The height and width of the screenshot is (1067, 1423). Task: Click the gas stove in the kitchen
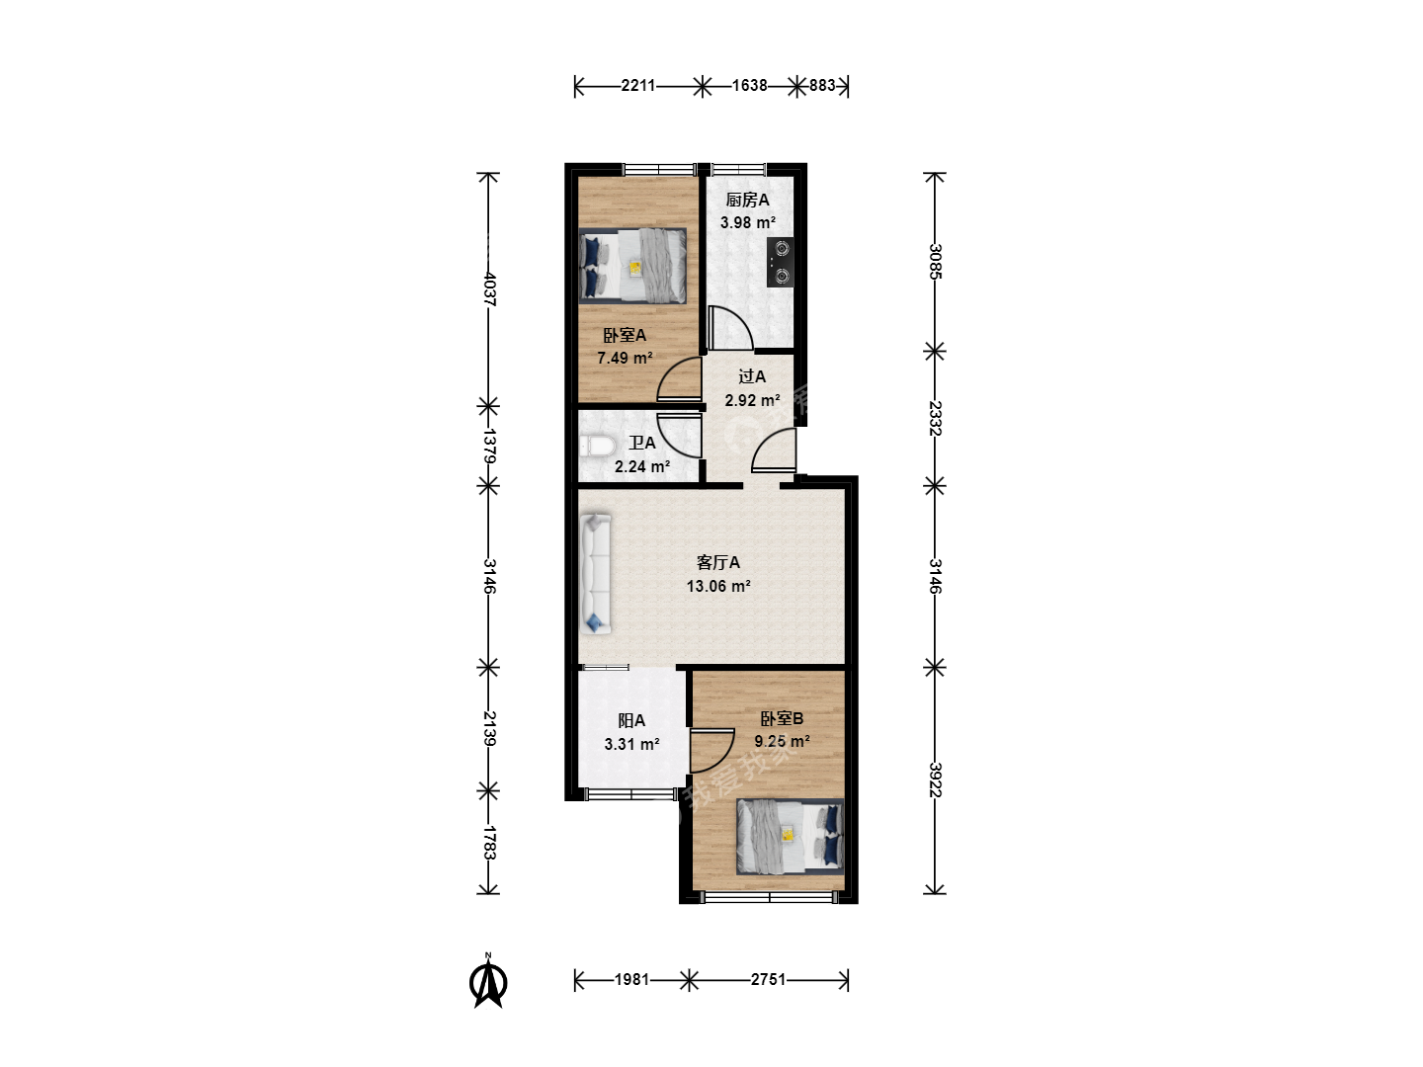pyautogui.click(x=780, y=263)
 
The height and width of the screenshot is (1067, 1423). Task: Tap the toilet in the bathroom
pyautogui.click(x=597, y=447)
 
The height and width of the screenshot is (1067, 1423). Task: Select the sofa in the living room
pyautogui.click(x=595, y=573)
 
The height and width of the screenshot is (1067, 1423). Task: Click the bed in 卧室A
pyautogui.click(x=632, y=266)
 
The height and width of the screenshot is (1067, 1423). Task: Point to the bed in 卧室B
pyautogui.click(x=791, y=837)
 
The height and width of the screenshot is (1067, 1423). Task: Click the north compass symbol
pyautogui.click(x=488, y=981)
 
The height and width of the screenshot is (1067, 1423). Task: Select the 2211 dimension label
pyautogui.click(x=638, y=86)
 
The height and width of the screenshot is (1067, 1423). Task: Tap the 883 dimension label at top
pyautogui.click(x=822, y=86)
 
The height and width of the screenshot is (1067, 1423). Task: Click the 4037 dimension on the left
pyautogui.click(x=490, y=288)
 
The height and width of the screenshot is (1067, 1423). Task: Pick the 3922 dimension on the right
pyautogui.click(x=935, y=780)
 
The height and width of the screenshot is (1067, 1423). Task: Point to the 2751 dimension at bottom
pyautogui.click(x=768, y=979)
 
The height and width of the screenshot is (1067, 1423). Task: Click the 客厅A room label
pyautogui.click(x=718, y=562)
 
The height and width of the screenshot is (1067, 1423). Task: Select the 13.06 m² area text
pyautogui.click(x=718, y=586)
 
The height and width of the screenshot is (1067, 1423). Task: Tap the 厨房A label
pyautogui.click(x=747, y=200)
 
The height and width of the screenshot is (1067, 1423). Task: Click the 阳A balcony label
pyautogui.click(x=631, y=720)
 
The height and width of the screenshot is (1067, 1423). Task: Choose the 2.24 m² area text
pyautogui.click(x=641, y=466)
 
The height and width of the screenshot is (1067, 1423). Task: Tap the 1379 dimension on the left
pyautogui.click(x=490, y=446)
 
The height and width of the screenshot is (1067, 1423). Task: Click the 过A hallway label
pyautogui.click(x=752, y=376)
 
